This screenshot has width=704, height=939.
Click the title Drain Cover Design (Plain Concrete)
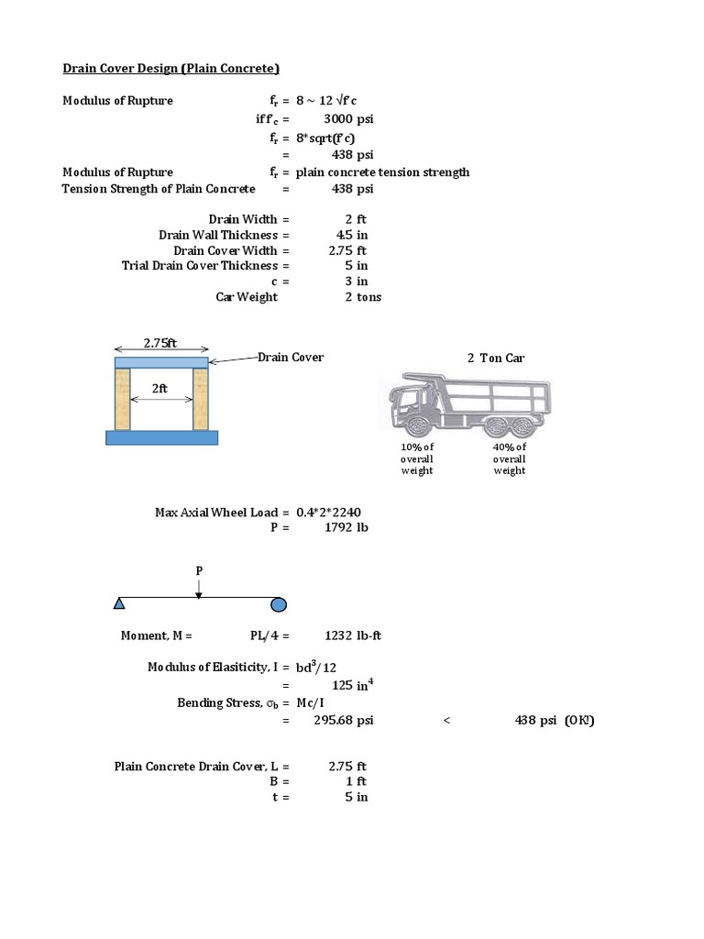tap(170, 68)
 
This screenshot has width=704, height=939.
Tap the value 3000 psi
tap(348, 119)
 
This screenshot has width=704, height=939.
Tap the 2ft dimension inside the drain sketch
tap(160, 388)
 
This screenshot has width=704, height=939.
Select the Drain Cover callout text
tap(291, 357)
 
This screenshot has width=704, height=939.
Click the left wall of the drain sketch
tap(124, 400)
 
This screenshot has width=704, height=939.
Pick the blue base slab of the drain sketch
tap(161, 437)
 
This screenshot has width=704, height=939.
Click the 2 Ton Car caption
tap(496, 358)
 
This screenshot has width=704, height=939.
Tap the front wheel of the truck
tap(417, 427)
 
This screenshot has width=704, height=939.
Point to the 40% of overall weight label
tap(509, 458)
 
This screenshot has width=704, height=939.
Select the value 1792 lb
tap(346, 527)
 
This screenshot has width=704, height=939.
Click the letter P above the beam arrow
tap(198, 570)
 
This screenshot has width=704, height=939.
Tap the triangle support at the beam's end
tap(119, 603)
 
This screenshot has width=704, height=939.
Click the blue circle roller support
tap(279, 604)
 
